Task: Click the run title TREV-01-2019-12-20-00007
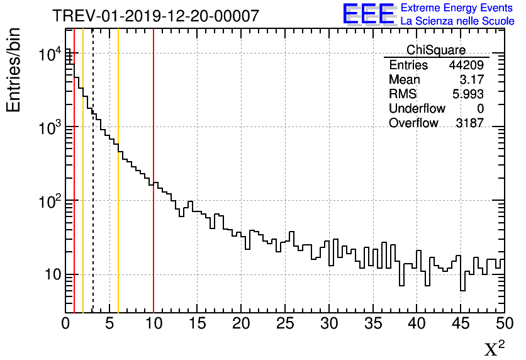point(155,16)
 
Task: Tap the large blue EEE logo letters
point(368,14)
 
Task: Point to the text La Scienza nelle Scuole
point(457,21)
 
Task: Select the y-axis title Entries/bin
point(14,69)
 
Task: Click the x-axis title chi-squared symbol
point(494,348)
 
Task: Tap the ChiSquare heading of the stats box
point(436,50)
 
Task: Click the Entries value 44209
point(466,65)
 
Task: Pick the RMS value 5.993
point(468,94)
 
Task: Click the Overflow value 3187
point(469,123)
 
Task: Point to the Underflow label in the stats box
point(417,108)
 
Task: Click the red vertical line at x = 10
point(154,252)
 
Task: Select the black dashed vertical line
point(93,252)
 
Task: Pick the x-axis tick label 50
point(503,323)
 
